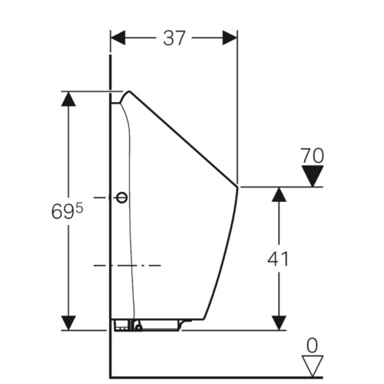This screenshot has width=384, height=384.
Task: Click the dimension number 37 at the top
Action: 174,38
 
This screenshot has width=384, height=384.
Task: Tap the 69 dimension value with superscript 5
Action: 68,212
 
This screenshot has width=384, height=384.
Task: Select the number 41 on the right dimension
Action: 278,259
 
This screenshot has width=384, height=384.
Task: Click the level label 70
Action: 312,155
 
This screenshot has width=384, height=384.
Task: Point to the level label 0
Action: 312,346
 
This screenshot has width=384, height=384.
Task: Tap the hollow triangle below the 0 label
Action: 313,366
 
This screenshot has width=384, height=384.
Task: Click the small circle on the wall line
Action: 122,197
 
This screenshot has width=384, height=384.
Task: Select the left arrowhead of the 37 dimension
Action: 118,38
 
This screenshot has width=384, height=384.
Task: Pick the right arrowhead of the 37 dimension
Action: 230,38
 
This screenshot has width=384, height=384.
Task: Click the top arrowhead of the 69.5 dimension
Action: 68,98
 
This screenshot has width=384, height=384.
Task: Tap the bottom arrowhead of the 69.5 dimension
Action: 68,323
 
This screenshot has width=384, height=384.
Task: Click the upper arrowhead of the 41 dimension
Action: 279,194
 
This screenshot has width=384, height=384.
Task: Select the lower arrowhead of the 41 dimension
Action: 279,323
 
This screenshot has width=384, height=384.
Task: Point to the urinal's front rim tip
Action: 237,187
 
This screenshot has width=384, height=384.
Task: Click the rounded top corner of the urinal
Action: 129,91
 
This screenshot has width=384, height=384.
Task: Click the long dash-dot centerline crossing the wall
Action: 127,266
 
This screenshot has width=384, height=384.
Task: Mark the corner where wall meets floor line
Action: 111,377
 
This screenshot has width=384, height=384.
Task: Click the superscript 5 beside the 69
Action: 80,209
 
